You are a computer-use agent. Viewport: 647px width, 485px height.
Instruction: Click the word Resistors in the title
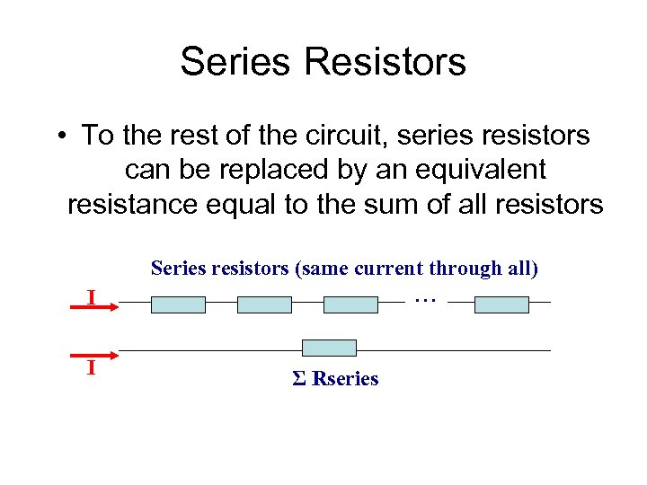click(x=386, y=62)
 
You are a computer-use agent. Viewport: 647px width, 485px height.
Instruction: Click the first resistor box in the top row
click(x=178, y=305)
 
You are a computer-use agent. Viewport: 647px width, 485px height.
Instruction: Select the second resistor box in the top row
click(x=264, y=305)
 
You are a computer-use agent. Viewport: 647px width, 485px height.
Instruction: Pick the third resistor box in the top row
click(x=350, y=305)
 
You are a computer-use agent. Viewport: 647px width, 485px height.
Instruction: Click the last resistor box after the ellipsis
click(x=501, y=305)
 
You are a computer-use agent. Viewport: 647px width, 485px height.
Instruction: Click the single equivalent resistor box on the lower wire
click(x=329, y=348)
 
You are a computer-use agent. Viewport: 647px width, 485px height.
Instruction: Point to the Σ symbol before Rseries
click(x=299, y=379)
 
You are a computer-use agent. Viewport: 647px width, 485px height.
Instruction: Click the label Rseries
click(x=345, y=379)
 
